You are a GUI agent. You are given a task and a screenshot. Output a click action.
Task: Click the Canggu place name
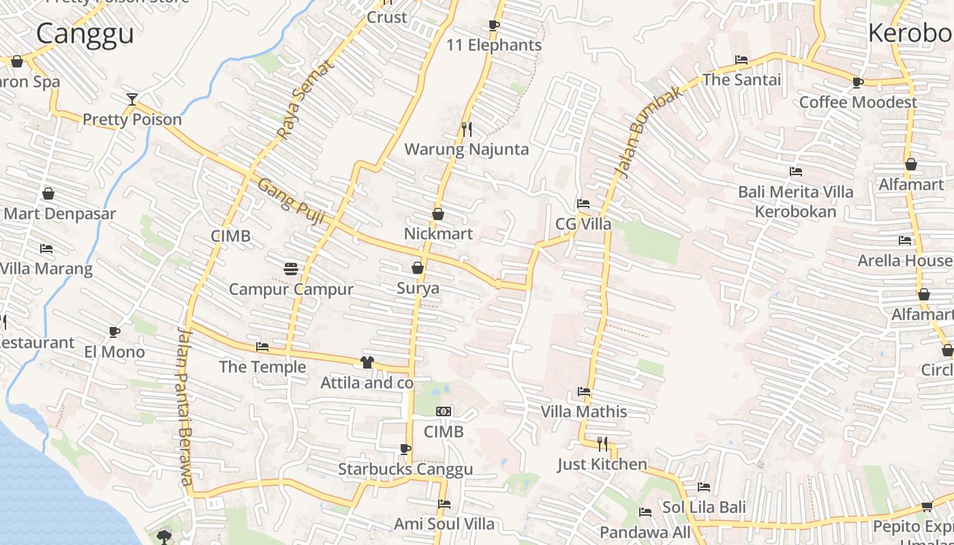tap(85, 33)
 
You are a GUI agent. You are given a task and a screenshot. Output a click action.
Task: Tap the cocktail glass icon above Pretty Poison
tap(132, 99)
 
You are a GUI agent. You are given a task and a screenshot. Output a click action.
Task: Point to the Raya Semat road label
tap(306, 99)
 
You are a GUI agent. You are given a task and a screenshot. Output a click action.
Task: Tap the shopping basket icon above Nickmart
tap(438, 214)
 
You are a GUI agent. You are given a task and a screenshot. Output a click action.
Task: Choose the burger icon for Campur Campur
tap(291, 268)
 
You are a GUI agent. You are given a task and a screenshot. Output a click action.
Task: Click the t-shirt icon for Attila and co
tap(367, 362)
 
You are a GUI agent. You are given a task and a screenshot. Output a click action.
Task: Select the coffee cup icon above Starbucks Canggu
tap(405, 449)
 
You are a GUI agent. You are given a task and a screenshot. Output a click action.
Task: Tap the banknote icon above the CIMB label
tap(444, 411)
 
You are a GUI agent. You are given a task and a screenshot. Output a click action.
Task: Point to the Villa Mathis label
tap(584, 411)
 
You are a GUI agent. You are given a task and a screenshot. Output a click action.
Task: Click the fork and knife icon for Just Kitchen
tap(602, 444)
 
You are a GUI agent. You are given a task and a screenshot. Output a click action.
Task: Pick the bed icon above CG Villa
tap(583, 204)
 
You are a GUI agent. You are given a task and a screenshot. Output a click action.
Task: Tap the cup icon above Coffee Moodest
tap(857, 82)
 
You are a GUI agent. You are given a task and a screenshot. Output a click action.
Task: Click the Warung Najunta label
tap(467, 149)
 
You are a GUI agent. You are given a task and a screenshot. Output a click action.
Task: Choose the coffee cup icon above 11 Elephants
tap(494, 25)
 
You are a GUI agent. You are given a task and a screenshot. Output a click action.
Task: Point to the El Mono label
tap(114, 352)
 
